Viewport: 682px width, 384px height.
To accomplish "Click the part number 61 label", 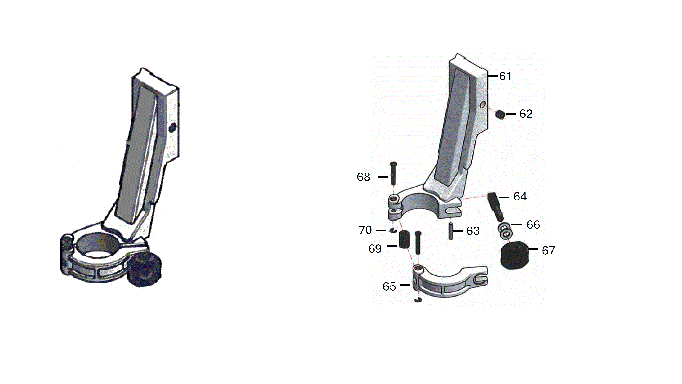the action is pos(505,76).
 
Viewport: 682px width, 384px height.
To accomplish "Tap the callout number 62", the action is pos(526,114).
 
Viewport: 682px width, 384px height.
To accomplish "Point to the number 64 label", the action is pos(520,197).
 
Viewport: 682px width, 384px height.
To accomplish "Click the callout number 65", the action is pos(389,286).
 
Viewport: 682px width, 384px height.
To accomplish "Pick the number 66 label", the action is pos(533,225).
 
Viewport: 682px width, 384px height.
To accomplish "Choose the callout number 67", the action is pos(548,250).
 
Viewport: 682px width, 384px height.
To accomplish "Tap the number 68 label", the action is pos(363,177).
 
